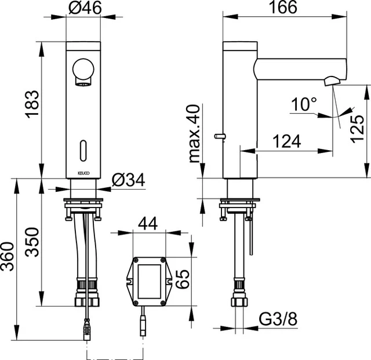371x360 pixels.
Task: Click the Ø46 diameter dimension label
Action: click(85, 8)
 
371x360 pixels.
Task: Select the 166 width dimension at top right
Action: click(283, 7)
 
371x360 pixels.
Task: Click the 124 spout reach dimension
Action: click(287, 141)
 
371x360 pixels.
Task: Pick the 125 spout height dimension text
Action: click(357, 129)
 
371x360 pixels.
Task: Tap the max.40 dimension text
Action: click(195, 134)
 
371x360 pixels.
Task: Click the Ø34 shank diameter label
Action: click(128, 180)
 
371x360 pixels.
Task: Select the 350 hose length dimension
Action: click(32, 242)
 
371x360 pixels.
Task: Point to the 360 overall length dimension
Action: click(7, 257)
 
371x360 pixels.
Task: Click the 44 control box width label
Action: click(148, 224)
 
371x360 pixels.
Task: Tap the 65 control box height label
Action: click(183, 279)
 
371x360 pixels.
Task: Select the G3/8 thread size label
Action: click(278, 319)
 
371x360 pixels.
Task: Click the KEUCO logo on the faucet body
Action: click(83, 173)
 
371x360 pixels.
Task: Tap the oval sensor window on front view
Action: click(83, 151)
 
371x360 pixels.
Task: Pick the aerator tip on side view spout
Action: click(332, 81)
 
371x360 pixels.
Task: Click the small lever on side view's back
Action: click(220, 136)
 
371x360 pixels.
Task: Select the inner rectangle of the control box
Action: click(150, 281)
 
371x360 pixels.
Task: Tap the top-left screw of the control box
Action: click(136, 260)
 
